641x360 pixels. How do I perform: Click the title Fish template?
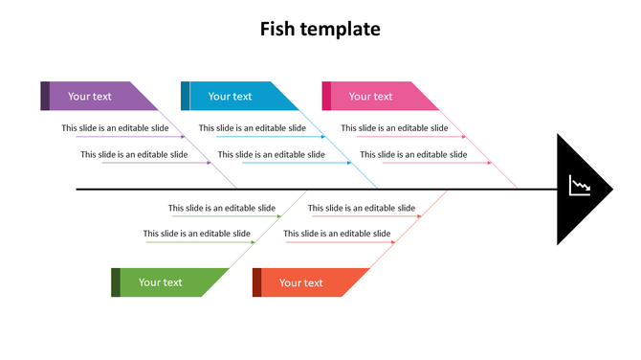click(320, 30)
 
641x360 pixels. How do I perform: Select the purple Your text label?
click(90, 96)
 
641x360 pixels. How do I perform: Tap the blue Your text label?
click(231, 96)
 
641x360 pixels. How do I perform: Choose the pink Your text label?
click(370, 96)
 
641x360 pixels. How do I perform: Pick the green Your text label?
click(160, 282)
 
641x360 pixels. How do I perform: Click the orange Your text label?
click(300, 282)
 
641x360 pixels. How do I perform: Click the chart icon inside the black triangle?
click(579, 186)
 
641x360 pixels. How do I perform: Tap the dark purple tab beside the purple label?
click(45, 96)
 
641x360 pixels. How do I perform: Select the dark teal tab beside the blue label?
click(185, 96)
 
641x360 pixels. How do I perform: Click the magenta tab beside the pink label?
click(326, 96)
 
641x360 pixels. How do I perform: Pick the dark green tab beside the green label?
click(116, 282)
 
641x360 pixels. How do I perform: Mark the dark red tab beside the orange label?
click(256, 282)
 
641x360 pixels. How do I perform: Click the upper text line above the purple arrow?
click(116, 127)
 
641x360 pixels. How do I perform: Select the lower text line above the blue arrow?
click(272, 154)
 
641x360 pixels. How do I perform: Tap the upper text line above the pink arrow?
click(394, 127)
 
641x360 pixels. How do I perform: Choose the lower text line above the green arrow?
click(197, 233)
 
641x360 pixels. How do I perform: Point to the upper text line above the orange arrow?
click(362, 208)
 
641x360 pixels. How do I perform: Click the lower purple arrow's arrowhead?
click(209, 163)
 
